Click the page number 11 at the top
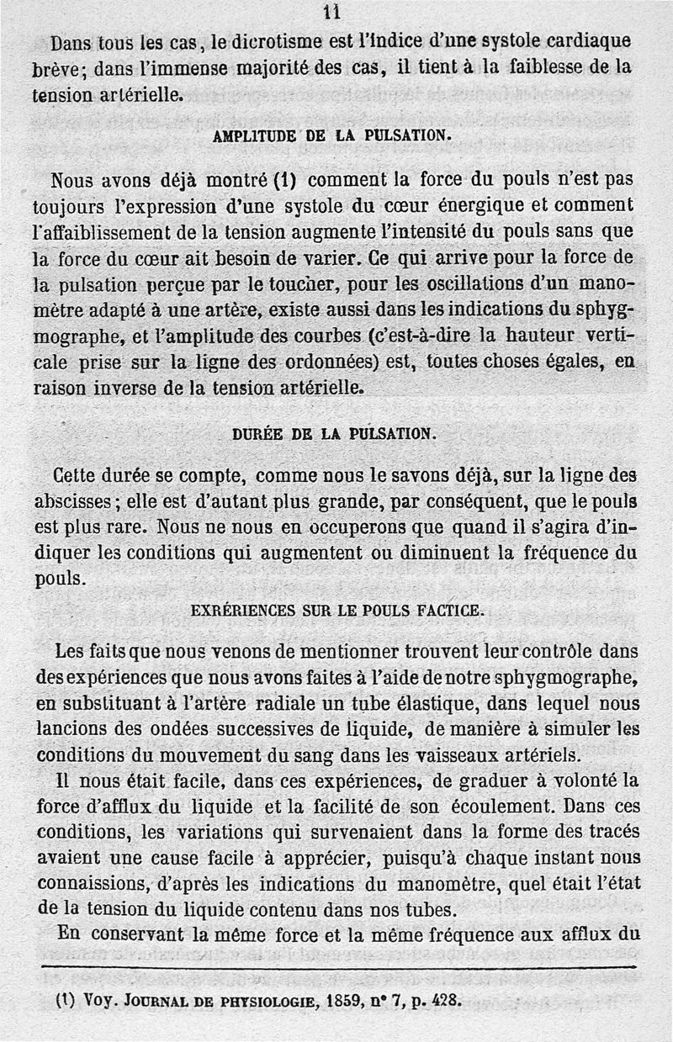click(331, 12)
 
